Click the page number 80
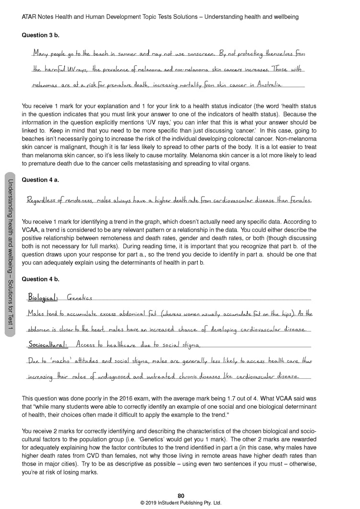(x=180, y=496)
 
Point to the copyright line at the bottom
(x=180, y=503)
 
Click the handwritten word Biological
(x=43, y=298)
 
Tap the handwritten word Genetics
(x=79, y=298)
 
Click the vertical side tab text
(x=11, y=254)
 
